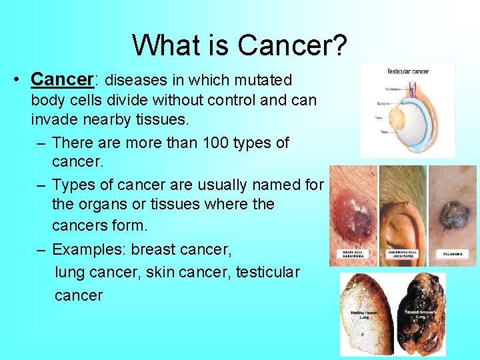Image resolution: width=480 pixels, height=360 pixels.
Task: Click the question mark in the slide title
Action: click(339, 45)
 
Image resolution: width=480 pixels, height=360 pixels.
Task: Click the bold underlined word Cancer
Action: click(61, 79)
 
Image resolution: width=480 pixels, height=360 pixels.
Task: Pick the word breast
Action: click(155, 250)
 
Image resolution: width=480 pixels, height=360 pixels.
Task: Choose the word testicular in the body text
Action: click(267, 273)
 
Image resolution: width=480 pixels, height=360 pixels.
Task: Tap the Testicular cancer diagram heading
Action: click(407, 71)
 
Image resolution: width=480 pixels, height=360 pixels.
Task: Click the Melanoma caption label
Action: click(453, 254)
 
